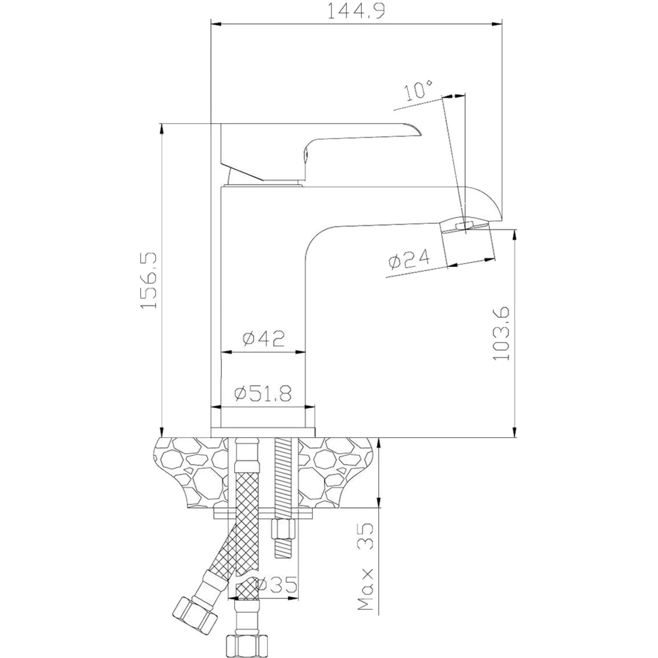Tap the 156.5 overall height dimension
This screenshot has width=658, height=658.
pos(149,280)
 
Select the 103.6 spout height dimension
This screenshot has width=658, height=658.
pos(501,333)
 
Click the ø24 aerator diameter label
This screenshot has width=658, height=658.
pos(409,259)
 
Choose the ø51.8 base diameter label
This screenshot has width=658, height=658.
pos(263,393)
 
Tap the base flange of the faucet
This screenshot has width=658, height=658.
pos(263,433)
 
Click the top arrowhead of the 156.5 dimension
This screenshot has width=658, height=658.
pos(162,129)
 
